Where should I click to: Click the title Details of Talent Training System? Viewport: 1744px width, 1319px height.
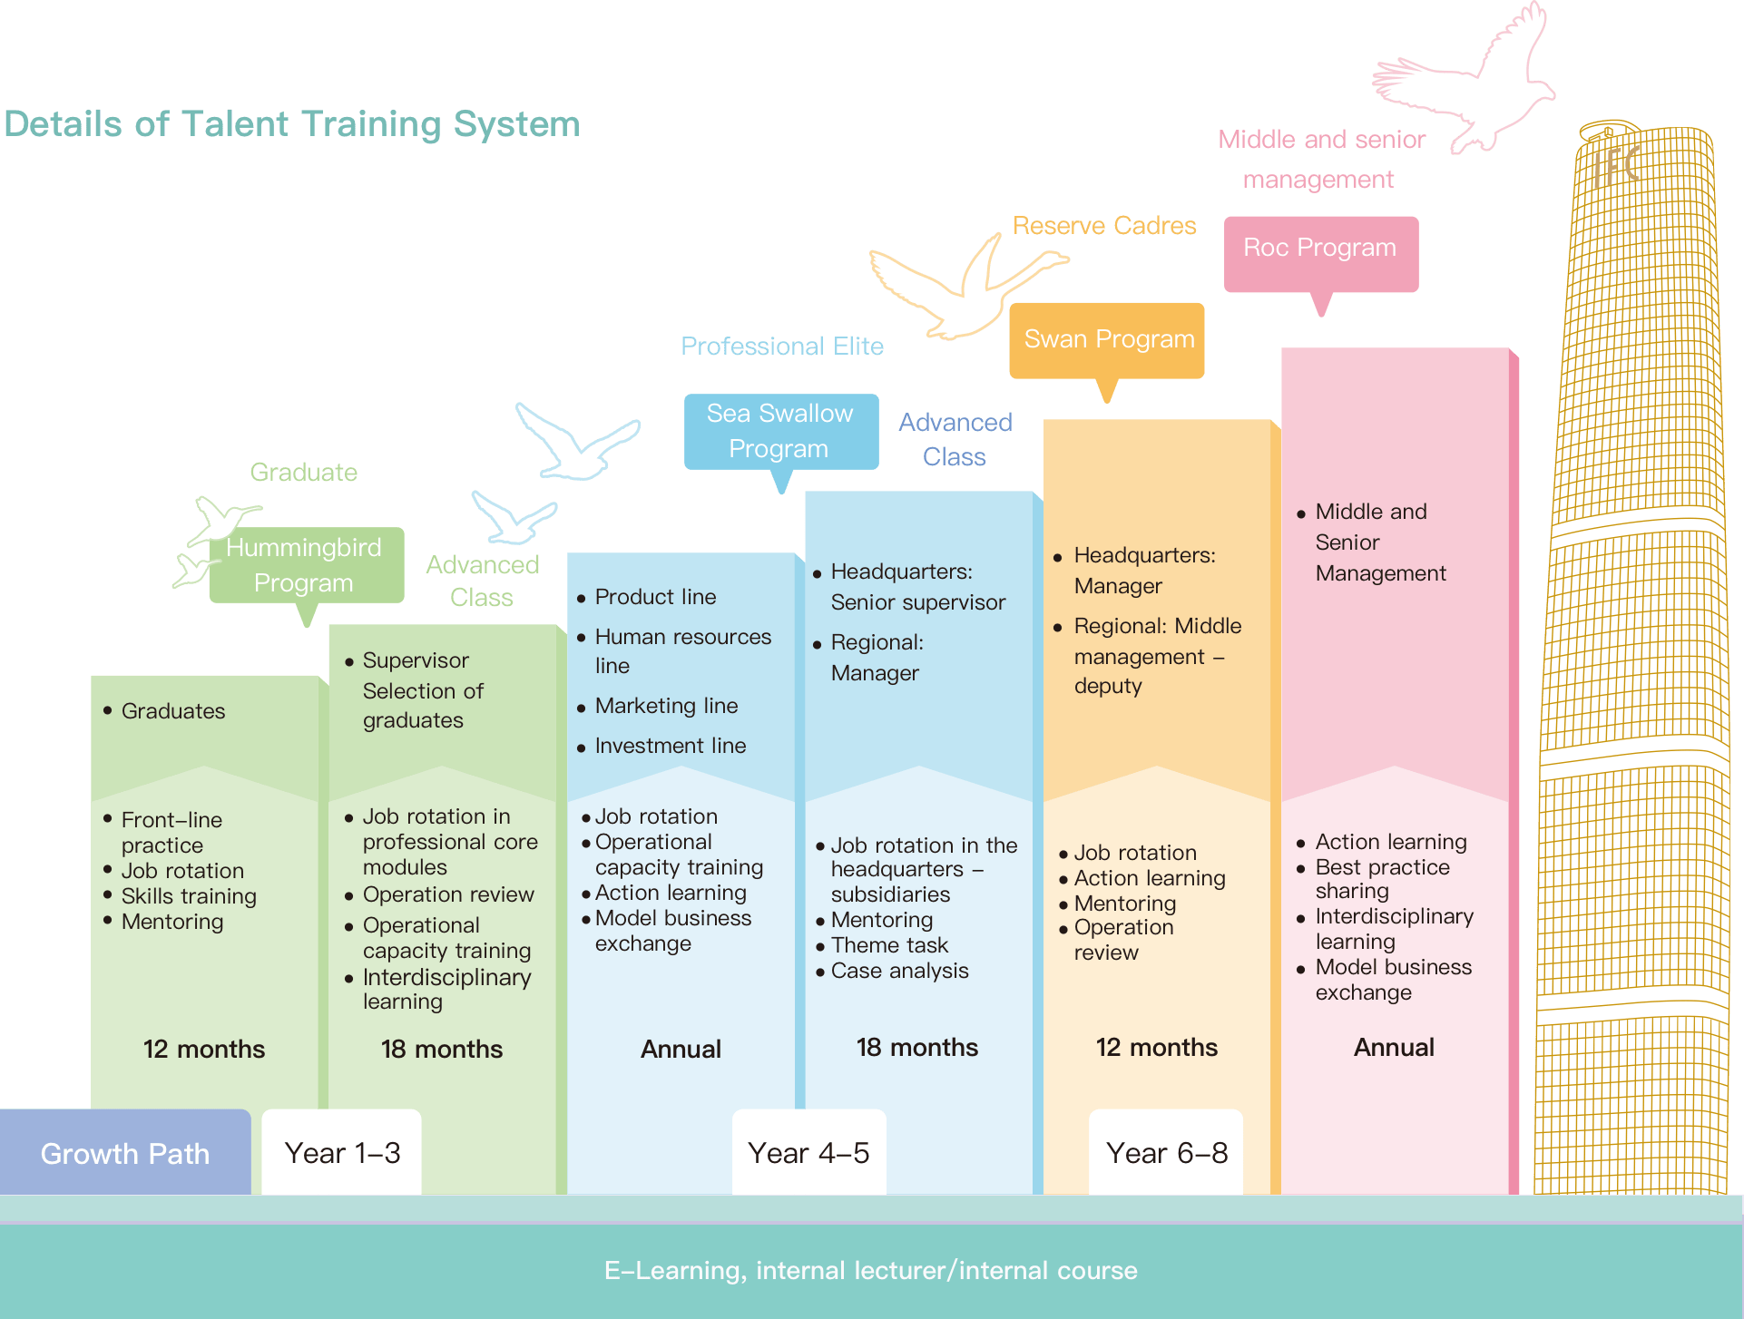(x=292, y=124)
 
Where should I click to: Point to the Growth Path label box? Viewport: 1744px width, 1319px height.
(x=125, y=1152)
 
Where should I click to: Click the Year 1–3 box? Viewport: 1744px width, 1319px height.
(x=342, y=1152)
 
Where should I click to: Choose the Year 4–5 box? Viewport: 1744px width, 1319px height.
(x=808, y=1152)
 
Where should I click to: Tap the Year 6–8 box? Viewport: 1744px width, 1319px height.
(x=1166, y=1152)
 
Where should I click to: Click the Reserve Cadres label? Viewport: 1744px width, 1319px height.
(x=1104, y=225)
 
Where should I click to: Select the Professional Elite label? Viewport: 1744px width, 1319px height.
(x=782, y=346)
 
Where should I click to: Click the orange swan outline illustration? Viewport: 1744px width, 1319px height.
(x=967, y=287)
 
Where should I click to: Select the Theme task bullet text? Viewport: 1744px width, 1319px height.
(x=889, y=945)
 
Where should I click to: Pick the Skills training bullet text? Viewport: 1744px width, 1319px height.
(x=189, y=896)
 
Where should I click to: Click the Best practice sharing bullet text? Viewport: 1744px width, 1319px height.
(x=1383, y=879)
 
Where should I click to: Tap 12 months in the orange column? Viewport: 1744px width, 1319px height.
(x=1157, y=1047)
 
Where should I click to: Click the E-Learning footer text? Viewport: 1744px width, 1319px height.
(x=871, y=1270)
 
